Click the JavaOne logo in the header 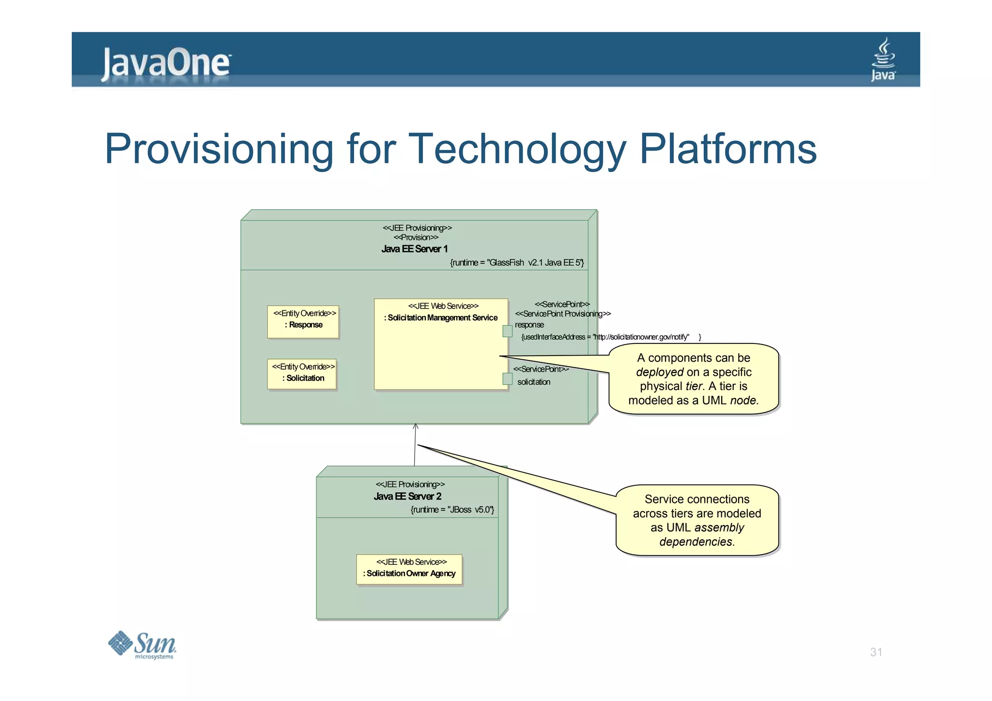166,63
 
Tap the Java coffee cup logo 883,60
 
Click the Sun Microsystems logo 142,645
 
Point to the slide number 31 876,652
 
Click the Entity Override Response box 303,321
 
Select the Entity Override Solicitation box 302,374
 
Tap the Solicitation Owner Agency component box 409,569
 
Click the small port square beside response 507,331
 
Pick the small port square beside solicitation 507,379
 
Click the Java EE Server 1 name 414,249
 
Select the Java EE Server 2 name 407,496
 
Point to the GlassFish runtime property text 516,263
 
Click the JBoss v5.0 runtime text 452,510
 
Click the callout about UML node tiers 693,379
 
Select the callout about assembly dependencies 697,520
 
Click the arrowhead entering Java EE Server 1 416,426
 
